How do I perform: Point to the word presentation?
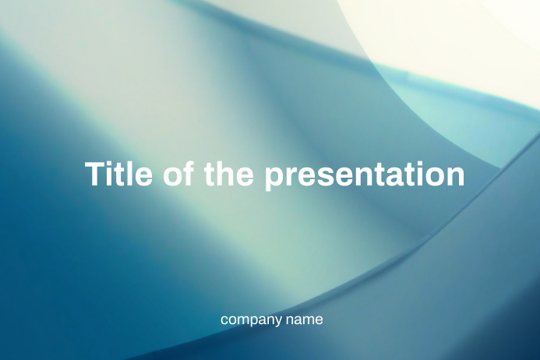point(364,175)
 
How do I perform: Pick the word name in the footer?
point(304,319)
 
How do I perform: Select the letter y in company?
point(278,322)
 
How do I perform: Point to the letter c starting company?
point(224,319)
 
